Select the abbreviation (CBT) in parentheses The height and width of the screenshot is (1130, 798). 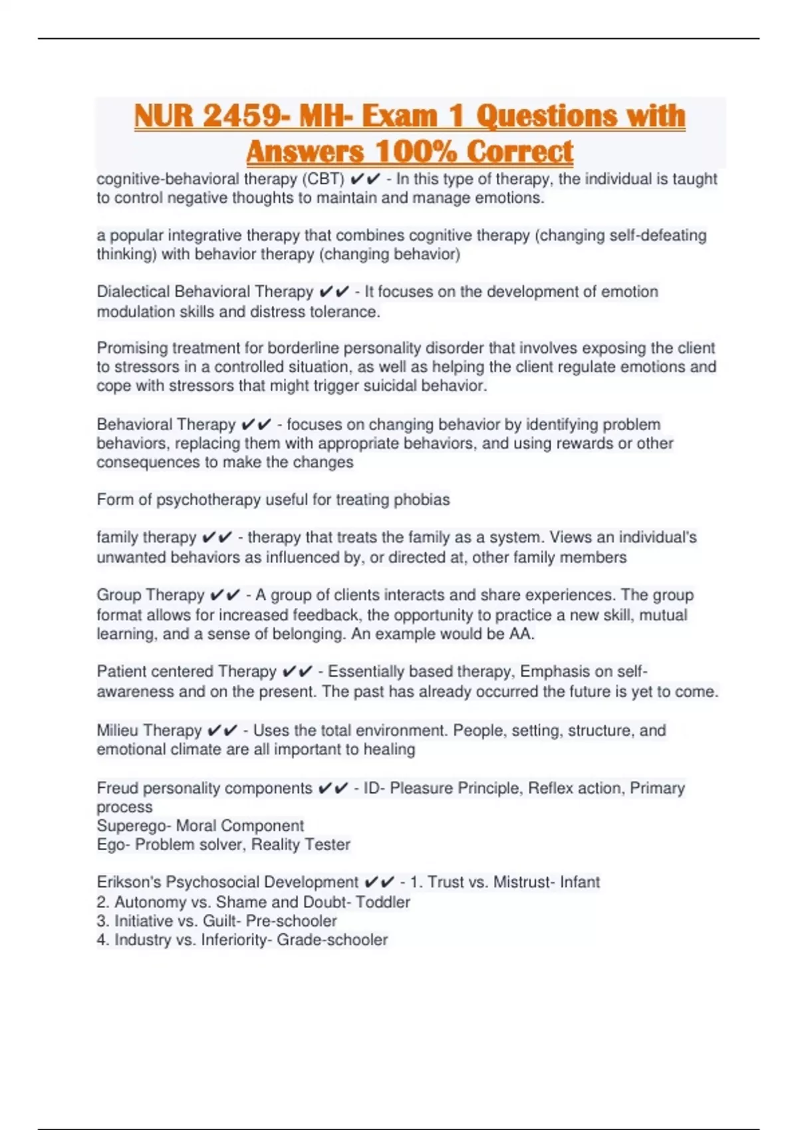point(323,179)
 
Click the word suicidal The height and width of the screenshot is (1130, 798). point(391,386)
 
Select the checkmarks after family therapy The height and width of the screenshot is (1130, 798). point(217,537)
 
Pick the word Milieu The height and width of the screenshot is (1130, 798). point(116,731)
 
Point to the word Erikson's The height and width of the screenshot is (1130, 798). point(128,882)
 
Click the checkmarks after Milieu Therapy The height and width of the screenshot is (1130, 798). point(222,731)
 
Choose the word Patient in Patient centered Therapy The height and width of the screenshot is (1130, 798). point(121,671)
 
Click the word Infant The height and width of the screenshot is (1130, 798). point(579,882)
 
